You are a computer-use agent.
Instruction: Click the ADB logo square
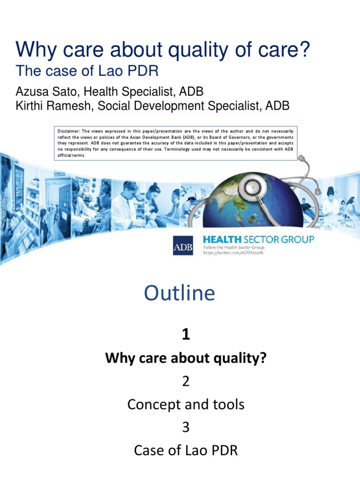(x=183, y=245)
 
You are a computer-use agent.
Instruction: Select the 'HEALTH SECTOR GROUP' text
(x=258, y=240)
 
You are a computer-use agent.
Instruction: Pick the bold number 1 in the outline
(x=186, y=334)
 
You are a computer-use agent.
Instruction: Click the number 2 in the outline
(x=186, y=382)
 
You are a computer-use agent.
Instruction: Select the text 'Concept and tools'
(x=186, y=404)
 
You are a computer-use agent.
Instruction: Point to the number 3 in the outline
(x=186, y=427)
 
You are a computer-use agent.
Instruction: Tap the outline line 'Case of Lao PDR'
(x=186, y=450)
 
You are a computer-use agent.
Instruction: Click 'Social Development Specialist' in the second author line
(x=180, y=106)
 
